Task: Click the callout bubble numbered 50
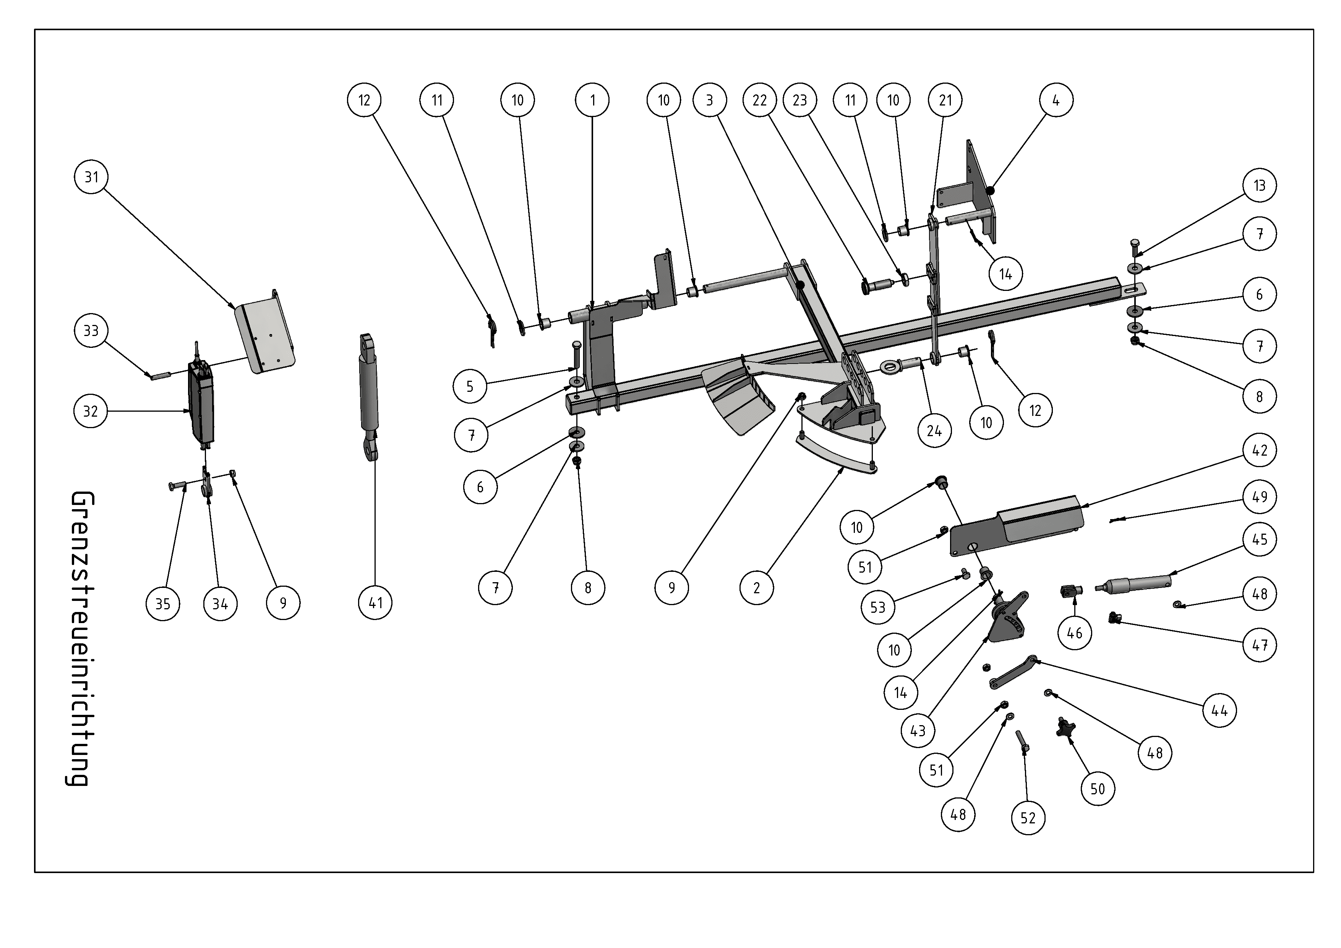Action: tap(1098, 789)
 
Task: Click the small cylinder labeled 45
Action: tap(1133, 583)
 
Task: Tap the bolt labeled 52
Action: tap(1023, 741)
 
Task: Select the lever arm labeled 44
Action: tap(1013, 672)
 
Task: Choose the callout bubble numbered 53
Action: tap(878, 607)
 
